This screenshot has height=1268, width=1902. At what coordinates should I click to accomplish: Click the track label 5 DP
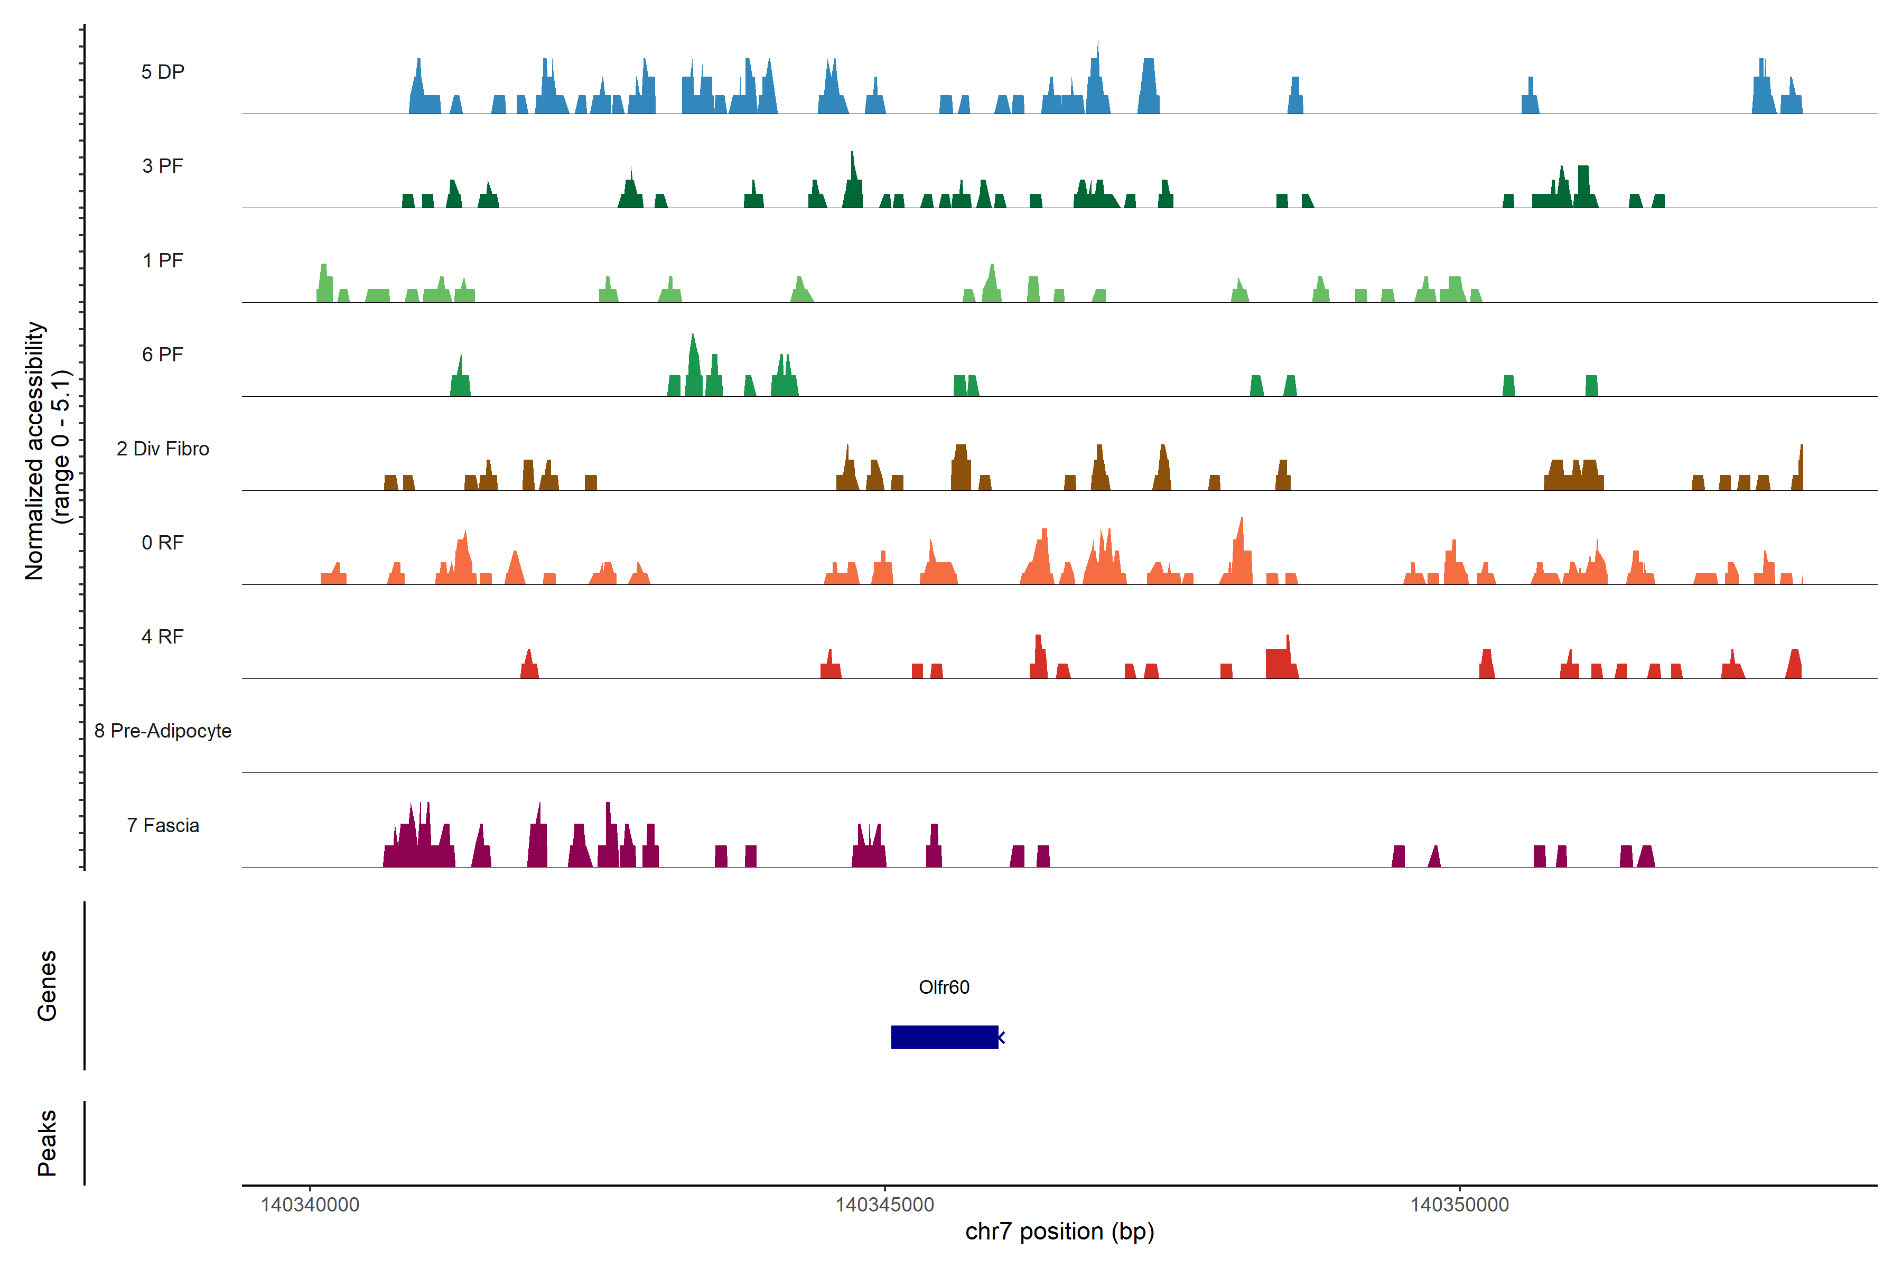tap(163, 72)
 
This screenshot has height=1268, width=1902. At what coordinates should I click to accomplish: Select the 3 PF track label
tap(163, 166)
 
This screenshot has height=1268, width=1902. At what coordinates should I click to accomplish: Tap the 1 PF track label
tap(163, 260)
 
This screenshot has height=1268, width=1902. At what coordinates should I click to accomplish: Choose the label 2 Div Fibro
tap(163, 449)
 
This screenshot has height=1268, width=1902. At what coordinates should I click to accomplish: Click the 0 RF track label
tap(163, 543)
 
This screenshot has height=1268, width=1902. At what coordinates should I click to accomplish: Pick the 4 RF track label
tap(163, 637)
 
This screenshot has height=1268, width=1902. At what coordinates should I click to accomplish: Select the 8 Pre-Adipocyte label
tap(163, 731)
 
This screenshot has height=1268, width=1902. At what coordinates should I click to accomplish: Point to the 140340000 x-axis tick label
tap(310, 1205)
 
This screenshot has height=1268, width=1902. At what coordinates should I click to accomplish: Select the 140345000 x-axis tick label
tap(884, 1205)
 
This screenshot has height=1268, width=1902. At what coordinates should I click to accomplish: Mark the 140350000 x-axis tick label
tap(1460, 1205)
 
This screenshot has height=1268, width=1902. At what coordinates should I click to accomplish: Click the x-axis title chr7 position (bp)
tap(1059, 1232)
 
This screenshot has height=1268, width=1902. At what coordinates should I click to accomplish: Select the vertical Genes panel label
tap(47, 986)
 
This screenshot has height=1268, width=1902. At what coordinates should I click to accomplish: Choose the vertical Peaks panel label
tap(47, 1143)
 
